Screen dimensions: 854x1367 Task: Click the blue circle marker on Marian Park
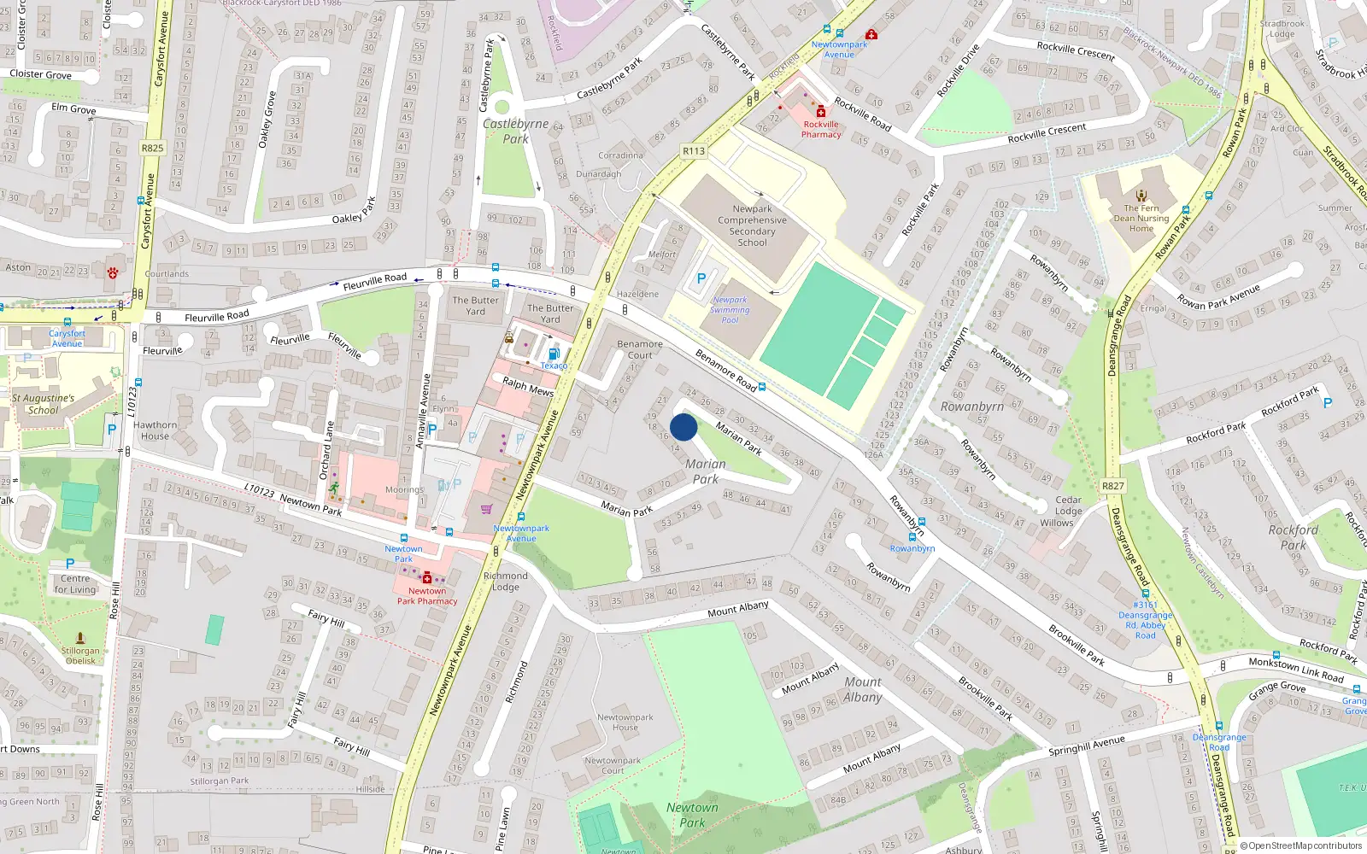683,427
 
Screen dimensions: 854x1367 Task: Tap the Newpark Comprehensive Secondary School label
752,225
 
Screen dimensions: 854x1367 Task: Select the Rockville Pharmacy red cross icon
821,112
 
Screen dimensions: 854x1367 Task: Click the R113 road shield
694,151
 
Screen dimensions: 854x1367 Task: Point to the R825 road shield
152,148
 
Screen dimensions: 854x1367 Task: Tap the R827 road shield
1113,486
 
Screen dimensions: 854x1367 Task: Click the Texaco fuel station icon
554,354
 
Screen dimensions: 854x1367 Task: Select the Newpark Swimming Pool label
730,310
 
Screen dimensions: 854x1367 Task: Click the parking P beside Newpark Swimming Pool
701,278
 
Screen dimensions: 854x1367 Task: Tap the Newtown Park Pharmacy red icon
427,578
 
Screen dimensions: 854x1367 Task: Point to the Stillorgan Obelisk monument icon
80,638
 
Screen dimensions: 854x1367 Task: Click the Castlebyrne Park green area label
515,131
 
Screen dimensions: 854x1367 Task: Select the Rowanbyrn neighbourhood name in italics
972,407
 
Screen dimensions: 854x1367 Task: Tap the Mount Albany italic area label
863,689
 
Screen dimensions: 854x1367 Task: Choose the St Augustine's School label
43,404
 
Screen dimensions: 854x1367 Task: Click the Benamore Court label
640,349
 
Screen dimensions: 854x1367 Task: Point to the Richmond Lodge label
505,581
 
